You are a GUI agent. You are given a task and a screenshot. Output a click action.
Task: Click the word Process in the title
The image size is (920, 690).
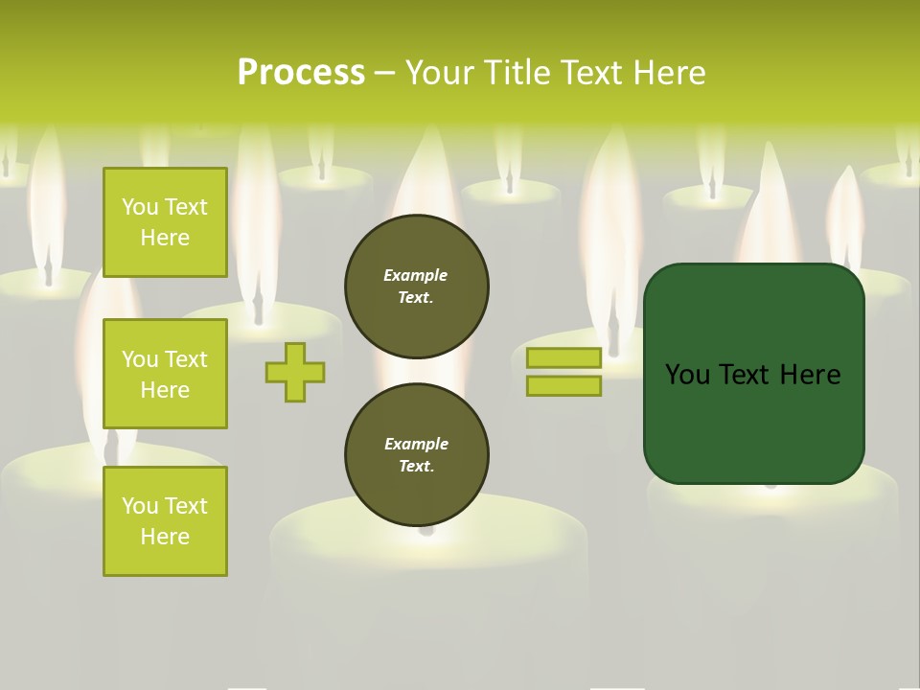click(301, 73)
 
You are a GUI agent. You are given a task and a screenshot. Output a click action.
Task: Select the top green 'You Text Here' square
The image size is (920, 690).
click(165, 222)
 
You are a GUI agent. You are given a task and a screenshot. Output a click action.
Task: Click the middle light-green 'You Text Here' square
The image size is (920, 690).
click(165, 374)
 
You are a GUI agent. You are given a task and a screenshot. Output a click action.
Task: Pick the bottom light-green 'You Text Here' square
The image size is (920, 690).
click(165, 521)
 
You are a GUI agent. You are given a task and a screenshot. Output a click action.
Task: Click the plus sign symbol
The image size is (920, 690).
click(295, 372)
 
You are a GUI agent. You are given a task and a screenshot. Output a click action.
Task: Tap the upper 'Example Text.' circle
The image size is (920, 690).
click(417, 287)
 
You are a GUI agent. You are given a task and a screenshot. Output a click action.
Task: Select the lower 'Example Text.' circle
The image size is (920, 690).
click(417, 455)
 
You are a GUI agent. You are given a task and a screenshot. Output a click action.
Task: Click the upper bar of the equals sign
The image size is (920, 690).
click(563, 358)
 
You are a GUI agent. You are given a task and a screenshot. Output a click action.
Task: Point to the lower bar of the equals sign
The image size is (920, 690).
click(563, 386)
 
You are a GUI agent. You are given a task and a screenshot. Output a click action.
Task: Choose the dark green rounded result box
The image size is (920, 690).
click(754, 374)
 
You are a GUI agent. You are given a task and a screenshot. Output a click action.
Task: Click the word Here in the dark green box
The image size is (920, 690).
click(810, 375)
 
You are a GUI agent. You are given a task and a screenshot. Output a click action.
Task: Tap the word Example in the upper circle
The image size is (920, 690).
click(416, 275)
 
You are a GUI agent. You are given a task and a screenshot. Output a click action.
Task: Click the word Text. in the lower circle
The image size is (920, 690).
click(416, 467)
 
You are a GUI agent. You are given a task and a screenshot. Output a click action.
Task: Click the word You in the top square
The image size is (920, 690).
click(139, 207)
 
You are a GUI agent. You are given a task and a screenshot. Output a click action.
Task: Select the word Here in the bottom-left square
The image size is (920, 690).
click(165, 537)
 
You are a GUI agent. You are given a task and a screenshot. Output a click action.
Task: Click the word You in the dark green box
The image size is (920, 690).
click(687, 375)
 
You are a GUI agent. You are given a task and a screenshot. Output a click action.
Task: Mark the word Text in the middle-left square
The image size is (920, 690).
click(186, 359)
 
